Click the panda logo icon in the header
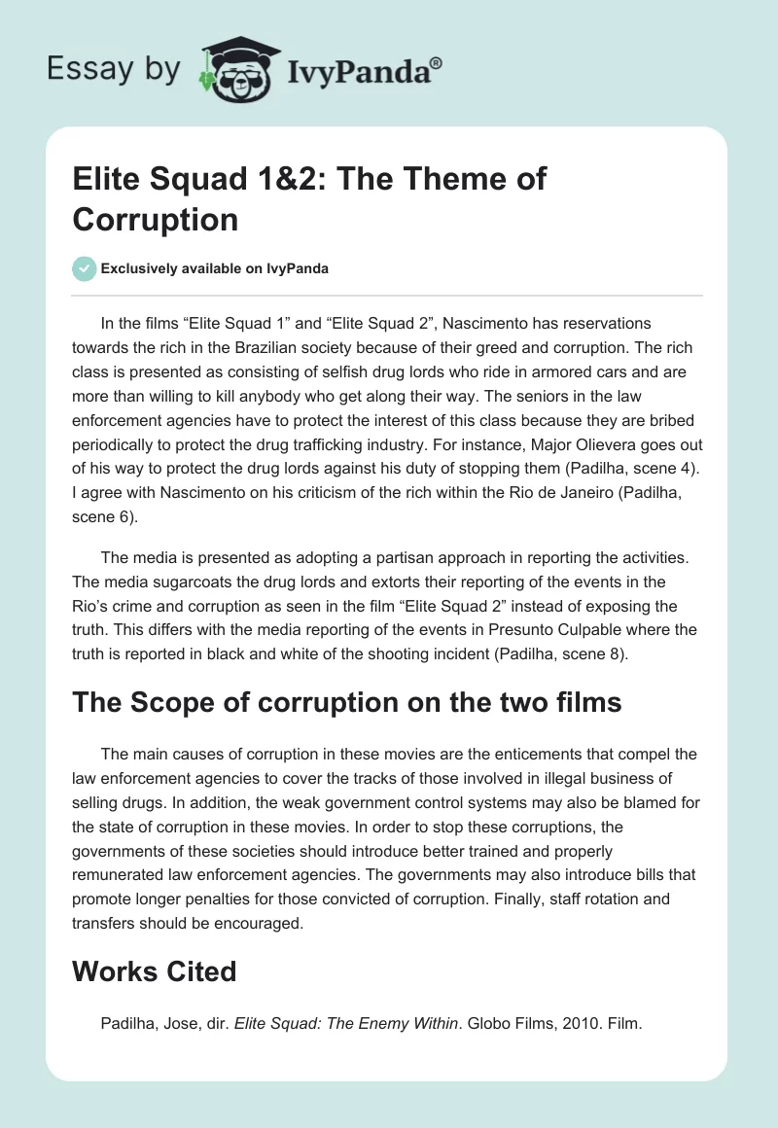[x=237, y=68]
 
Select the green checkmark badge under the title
[x=84, y=269]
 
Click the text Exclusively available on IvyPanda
[x=216, y=269]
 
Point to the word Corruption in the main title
[x=155, y=219]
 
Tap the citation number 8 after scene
[x=619, y=652]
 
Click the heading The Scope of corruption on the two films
[x=347, y=703]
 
